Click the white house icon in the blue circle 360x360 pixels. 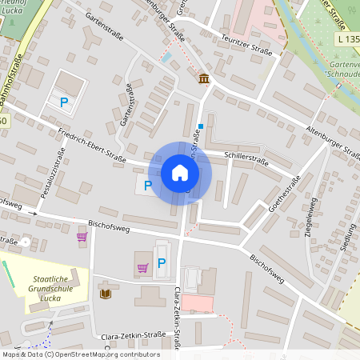click(180, 172)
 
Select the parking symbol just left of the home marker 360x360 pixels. click(147, 186)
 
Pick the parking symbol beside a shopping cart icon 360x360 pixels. click(162, 263)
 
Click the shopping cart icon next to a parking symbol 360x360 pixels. click(142, 268)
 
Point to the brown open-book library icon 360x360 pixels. click(105, 294)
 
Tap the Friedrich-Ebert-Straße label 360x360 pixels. click(93, 144)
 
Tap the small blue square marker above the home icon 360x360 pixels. click(200, 126)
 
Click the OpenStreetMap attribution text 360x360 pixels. click(80, 354)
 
